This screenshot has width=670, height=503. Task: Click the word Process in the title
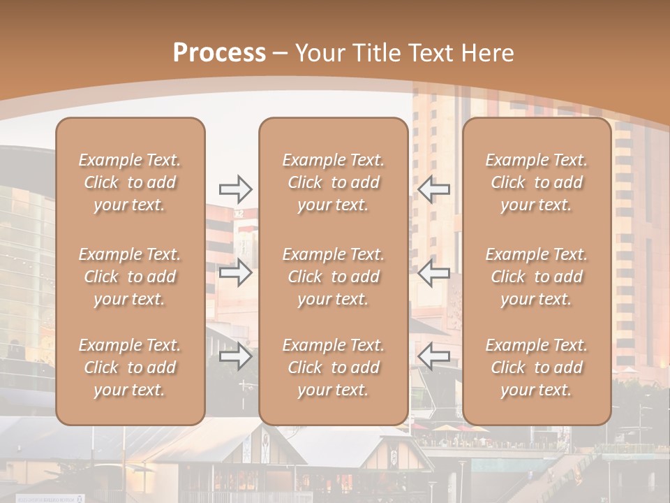pyautogui.click(x=219, y=53)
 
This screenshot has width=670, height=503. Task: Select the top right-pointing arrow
pyautogui.click(x=235, y=189)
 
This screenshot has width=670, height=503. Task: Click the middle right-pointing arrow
pyautogui.click(x=235, y=273)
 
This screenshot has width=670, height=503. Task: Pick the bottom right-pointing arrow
pyautogui.click(x=235, y=357)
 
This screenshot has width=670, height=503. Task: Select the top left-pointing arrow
pyautogui.click(x=433, y=189)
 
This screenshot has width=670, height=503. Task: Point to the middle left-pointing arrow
pyautogui.click(x=433, y=273)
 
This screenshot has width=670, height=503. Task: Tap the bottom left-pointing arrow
pyautogui.click(x=433, y=357)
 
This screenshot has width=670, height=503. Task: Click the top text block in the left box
pyautogui.click(x=130, y=182)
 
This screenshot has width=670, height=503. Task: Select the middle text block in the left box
pyautogui.click(x=130, y=277)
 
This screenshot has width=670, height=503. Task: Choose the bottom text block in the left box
pyautogui.click(x=130, y=367)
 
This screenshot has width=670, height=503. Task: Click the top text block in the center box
pyautogui.click(x=333, y=182)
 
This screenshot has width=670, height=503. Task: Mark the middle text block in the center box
pyautogui.click(x=333, y=277)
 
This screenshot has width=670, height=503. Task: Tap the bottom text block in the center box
pyautogui.click(x=333, y=367)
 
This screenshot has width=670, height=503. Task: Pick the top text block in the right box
pyautogui.click(x=537, y=182)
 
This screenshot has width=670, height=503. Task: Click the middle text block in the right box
pyautogui.click(x=537, y=277)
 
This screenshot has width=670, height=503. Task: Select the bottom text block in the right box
pyautogui.click(x=537, y=367)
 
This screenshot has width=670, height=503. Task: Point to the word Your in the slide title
pyautogui.click(x=318, y=53)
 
